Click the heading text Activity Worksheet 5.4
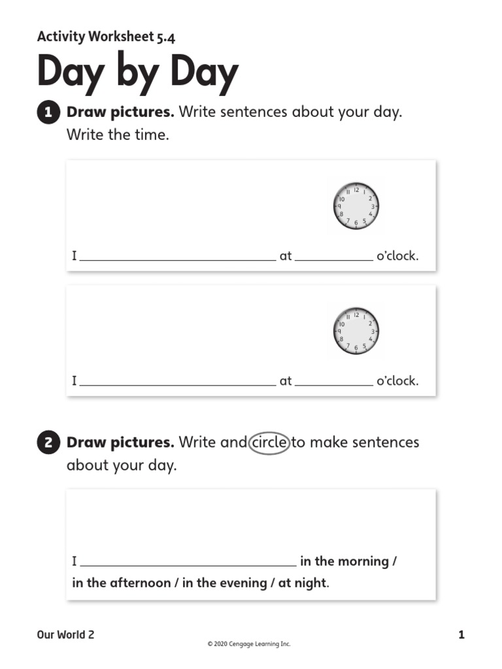coord(106,37)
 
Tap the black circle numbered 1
coord(48,113)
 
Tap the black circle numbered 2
coord(48,444)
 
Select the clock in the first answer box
coord(356,206)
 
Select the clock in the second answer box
coord(356,331)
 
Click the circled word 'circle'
coord(269,442)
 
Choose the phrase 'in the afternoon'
coord(121,583)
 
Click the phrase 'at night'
coord(301,583)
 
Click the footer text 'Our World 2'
coord(65,634)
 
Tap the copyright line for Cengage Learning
coord(248,644)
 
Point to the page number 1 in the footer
coord(461,634)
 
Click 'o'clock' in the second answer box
coord(397,381)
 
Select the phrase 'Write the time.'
coord(118,136)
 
